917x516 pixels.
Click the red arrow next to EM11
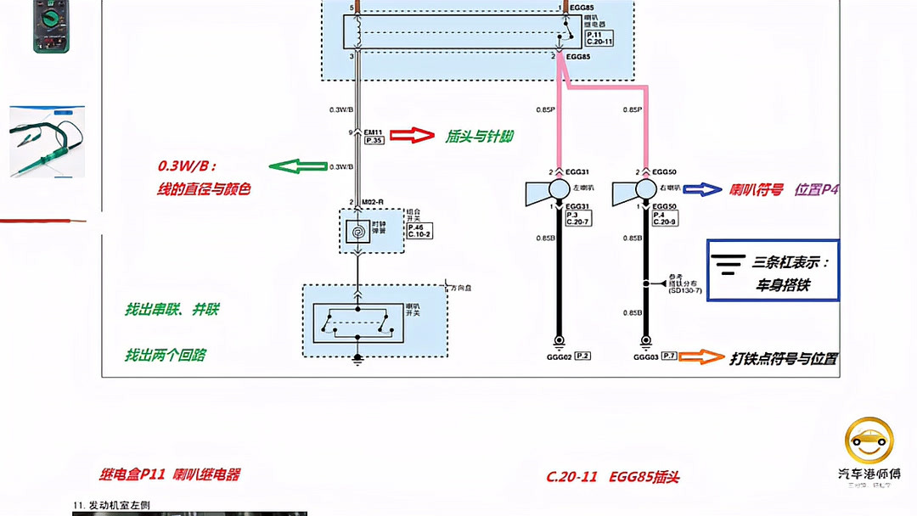pyautogui.click(x=411, y=135)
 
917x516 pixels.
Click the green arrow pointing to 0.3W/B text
pyautogui.click(x=296, y=166)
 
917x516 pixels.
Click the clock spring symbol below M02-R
pyautogui.click(x=357, y=230)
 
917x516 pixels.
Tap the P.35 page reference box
pyautogui.click(x=374, y=140)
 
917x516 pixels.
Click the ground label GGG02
pyautogui.click(x=560, y=357)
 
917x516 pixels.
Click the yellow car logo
pyautogui.click(x=869, y=440)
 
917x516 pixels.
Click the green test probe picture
pyautogui.click(x=47, y=142)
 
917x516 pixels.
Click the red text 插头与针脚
pyautogui.click(x=480, y=136)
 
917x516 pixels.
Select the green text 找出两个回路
pyautogui.click(x=166, y=355)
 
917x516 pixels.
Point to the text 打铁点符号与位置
pyautogui.click(x=784, y=358)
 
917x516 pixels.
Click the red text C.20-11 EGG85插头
pyautogui.click(x=612, y=476)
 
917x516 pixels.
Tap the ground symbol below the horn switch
pyautogui.click(x=357, y=360)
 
